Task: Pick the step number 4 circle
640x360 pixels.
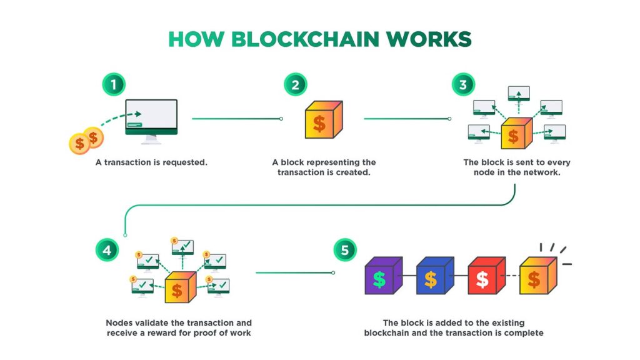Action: (106, 251)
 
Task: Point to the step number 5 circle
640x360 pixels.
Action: (344, 251)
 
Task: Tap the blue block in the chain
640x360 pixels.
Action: (431, 277)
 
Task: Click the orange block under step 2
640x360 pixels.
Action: (319, 122)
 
